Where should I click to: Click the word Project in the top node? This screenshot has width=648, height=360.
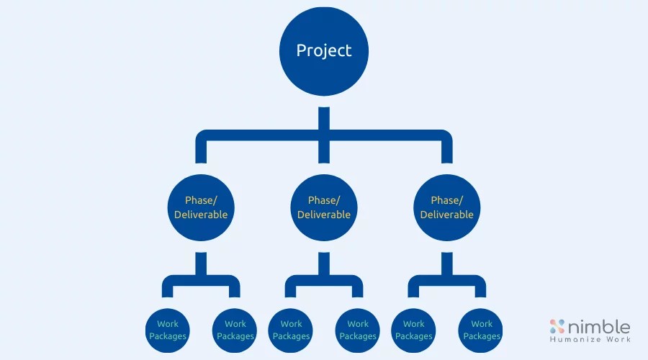pyautogui.click(x=324, y=50)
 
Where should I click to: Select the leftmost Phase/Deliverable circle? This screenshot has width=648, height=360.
pyautogui.click(x=201, y=207)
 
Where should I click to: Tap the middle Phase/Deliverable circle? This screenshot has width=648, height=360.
pyautogui.click(x=324, y=207)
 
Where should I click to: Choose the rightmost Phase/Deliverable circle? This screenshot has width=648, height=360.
pyautogui.click(x=446, y=207)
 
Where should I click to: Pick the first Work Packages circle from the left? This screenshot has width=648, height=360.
pyautogui.click(x=168, y=330)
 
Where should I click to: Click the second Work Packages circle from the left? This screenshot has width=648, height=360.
pyautogui.click(x=235, y=330)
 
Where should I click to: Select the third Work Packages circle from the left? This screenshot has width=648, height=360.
pyautogui.click(x=291, y=330)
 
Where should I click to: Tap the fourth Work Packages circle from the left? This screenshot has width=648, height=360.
pyautogui.click(x=358, y=330)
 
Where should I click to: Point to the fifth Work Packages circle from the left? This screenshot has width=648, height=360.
pyautogui.click(x=414, y=330)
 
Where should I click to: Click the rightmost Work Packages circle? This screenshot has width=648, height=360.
pyautogui.click(x=481, y=330)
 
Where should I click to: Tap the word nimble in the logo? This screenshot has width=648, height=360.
pyautogui.click(x=599, y=326)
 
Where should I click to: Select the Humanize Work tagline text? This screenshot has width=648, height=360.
pyautogui.click(x=590, y=339)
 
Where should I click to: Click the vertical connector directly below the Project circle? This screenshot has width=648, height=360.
pyautogui.click(x=324, y=119)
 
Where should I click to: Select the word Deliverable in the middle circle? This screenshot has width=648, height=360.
pyautogui.click(x=324, y=215)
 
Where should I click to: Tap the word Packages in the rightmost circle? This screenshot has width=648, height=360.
pyautogui.click(x=481, y=336)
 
